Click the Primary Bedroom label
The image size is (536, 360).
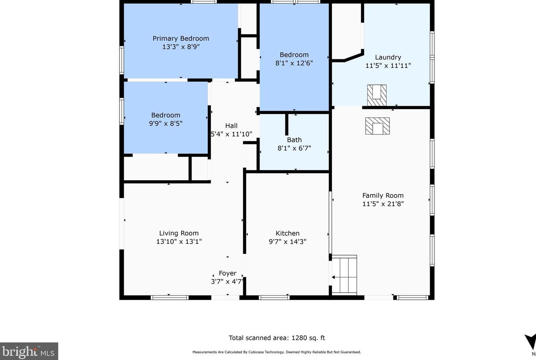click(x=181, y=38)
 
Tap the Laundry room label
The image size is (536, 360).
click(x=388, y=57)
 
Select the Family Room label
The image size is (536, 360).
click(x=383, y=196)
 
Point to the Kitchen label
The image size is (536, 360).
click(x=287, y=233)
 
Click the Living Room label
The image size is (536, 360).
click(x=179, y=233)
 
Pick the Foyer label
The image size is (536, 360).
click(x=228, y=273)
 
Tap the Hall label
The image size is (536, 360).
click(x=232, y=126)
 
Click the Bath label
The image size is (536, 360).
click(x=294, y=140)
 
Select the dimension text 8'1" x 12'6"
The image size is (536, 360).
click(x=294, y=63)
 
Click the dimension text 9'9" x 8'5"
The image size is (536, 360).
click(x=166, y=124)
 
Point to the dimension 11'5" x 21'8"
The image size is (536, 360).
click(x=383, y=204)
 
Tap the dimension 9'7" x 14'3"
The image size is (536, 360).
click(x=287, y=242)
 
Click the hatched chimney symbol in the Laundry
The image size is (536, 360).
click(x=377, y=95)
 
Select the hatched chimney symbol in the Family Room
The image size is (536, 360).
click(x=377, y=126)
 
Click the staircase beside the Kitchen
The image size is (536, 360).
click(x=344, y=275)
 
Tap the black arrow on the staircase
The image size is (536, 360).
click(x=333, y=277)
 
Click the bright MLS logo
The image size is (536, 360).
click(x=29, y=351)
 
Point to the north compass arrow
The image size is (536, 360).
click(x=530, y=342)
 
